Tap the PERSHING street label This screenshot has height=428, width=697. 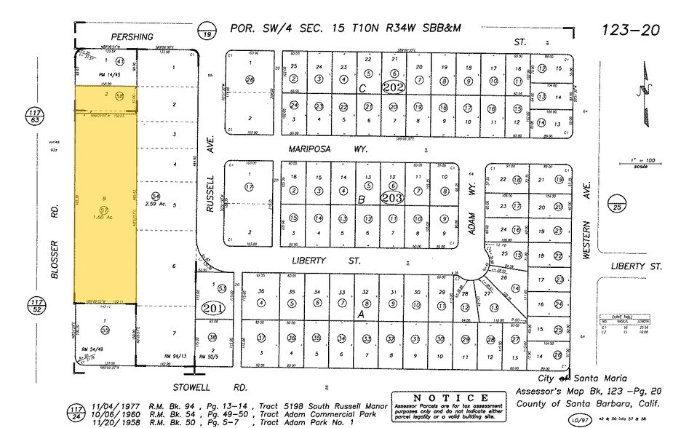tap(132, 36)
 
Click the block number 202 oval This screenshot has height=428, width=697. tap(394, 89)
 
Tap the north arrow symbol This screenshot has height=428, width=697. tap(641, 90)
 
